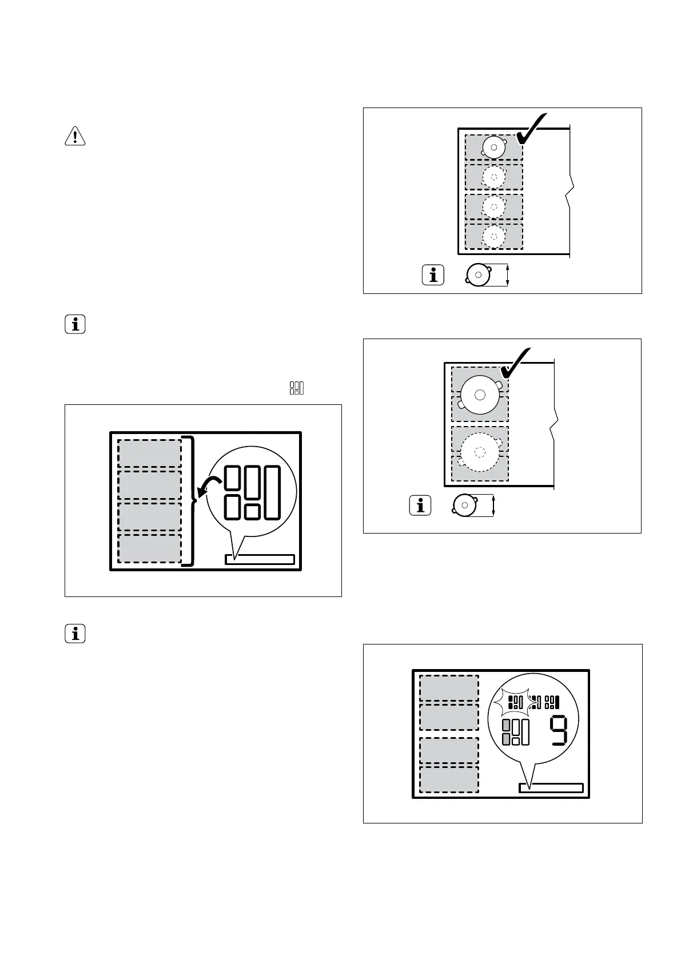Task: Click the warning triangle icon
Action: (x=75, y=136)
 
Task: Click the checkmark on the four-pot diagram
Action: (x=531, y=129)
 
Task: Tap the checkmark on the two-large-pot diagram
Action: (x=516, y=363)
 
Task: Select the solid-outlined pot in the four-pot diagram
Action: (x=493, y=147)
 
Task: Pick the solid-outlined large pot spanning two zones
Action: (x=480, y=395)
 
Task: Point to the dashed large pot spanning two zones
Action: (x=480, y=452)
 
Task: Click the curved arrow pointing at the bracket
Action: (x=209, y=487)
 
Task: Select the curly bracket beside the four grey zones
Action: (x=190, y=501)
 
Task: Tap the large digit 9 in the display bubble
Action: (x=559, y=730)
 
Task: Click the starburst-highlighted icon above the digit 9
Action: (x=515, y=702)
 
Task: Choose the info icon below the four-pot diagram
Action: (x=433, y=275)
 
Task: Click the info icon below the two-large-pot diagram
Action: (x=420, y=505)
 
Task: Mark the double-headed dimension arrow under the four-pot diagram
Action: (x=508, y=275)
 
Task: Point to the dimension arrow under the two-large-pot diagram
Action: (x=493, y=505)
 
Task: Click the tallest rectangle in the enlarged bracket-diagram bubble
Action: (x=272, y=493)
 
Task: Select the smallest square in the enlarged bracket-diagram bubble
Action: (x=252, y=512)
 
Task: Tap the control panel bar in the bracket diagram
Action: (x=260, y=559)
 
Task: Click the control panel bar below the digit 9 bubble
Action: (x=551, y=788)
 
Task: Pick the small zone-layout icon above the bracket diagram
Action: (x=297, y=388)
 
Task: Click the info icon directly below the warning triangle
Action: (x=75, y=324)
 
